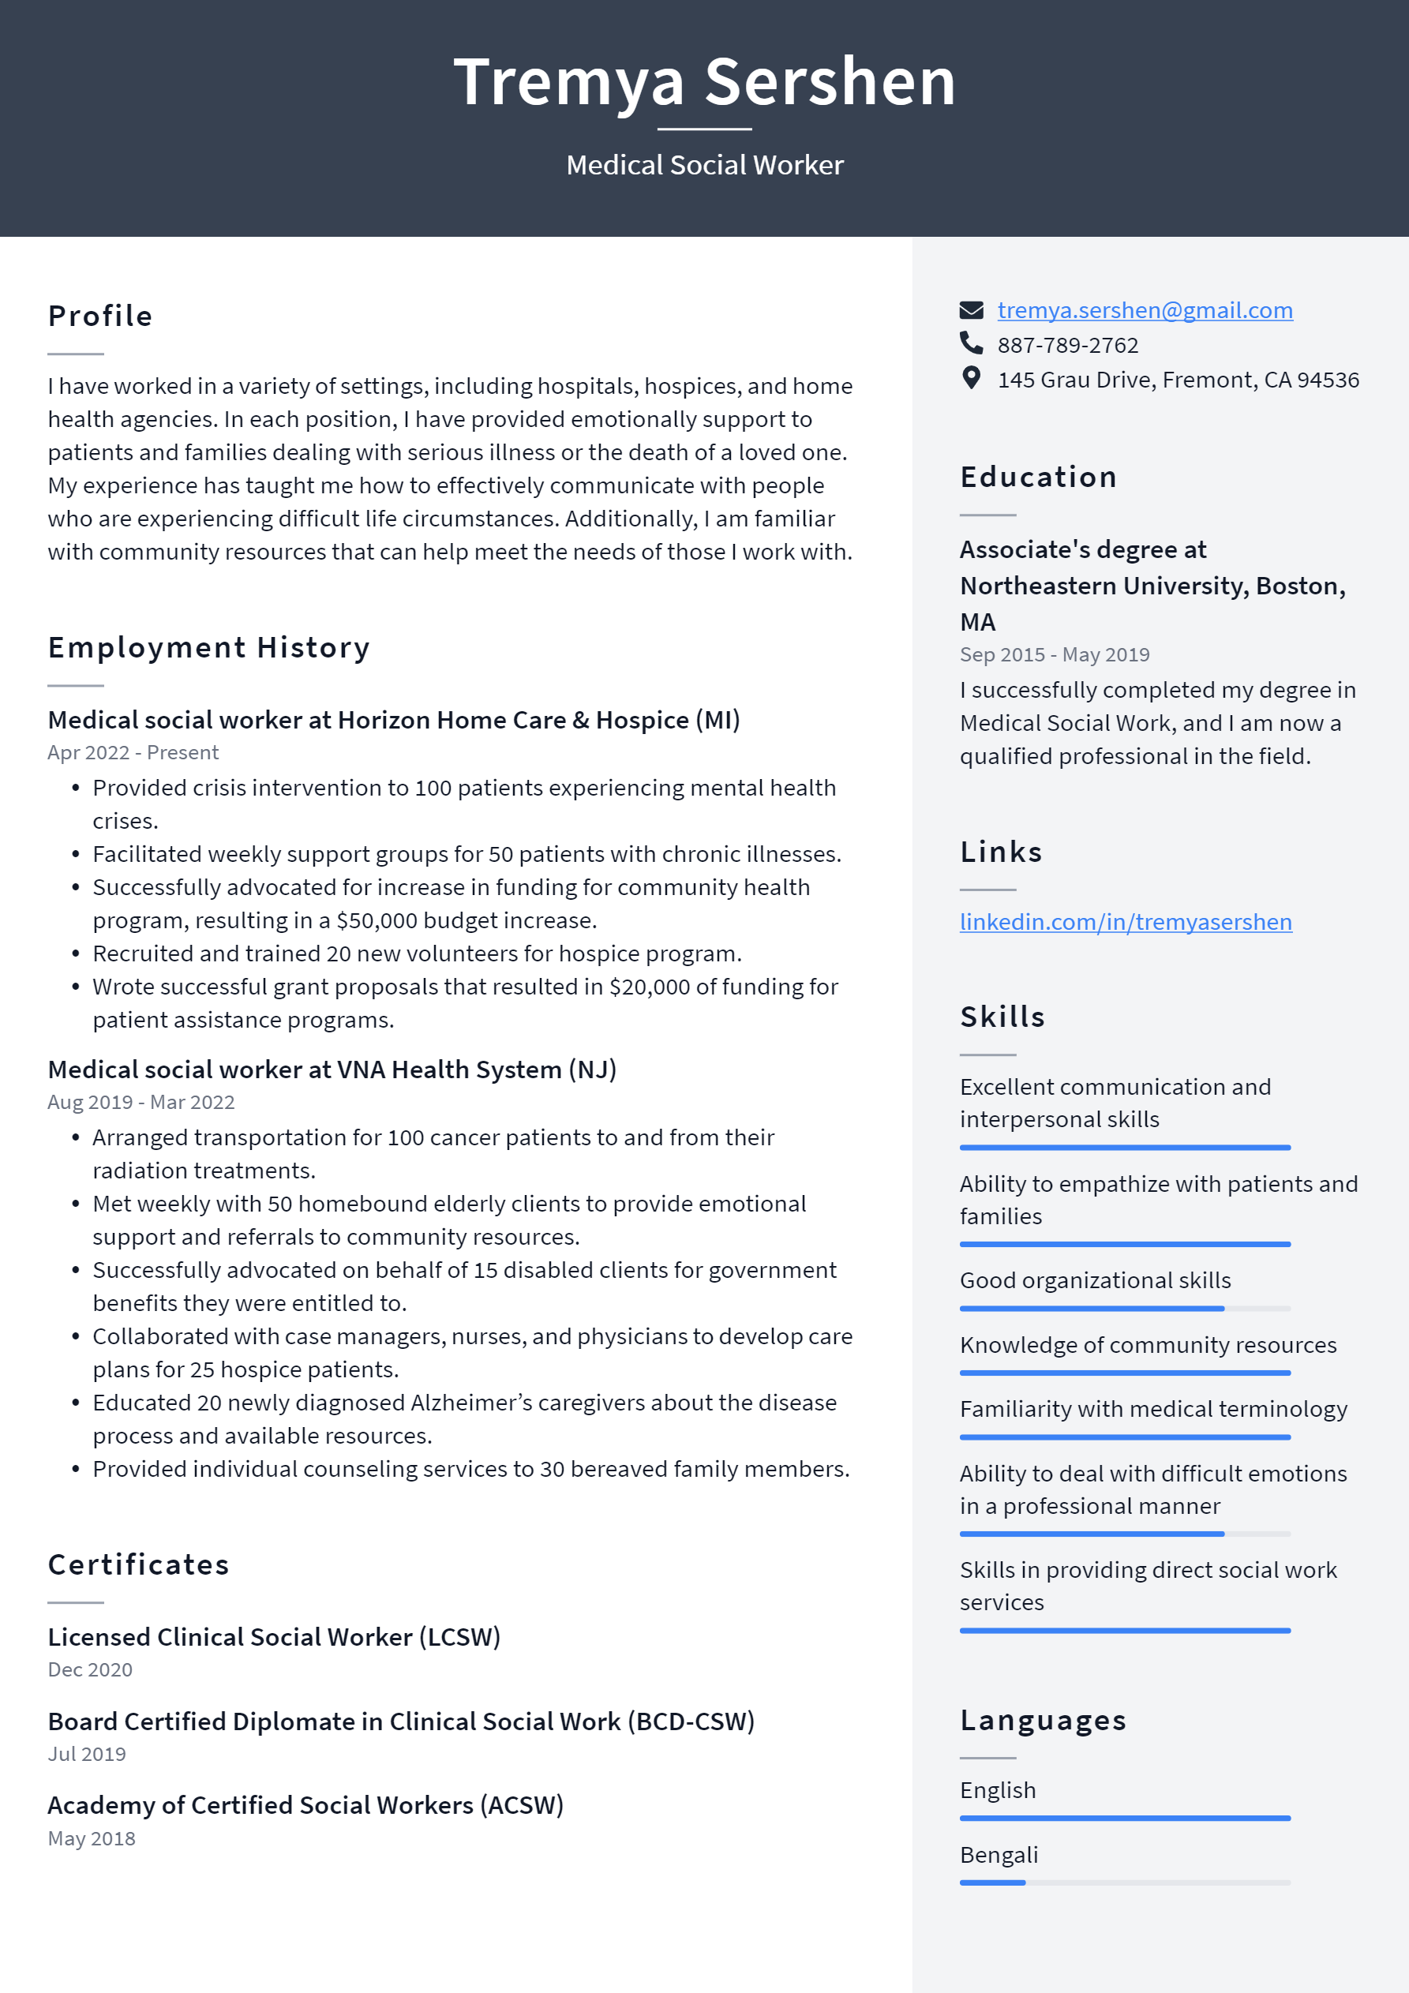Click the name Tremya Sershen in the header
tap(704, 81)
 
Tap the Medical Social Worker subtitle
tap(704, 165)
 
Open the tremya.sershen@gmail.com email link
tap(1145, 310)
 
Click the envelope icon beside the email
tap(972, 310)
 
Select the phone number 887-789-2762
tap(1067, 346)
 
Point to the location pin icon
tap(972, 378)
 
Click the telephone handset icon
tap(972, 343)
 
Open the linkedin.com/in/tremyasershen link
tap(1125, 922)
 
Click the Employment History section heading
tap(209, 647)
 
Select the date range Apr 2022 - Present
tap(133, 752)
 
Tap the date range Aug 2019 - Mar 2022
tap(141, 1103)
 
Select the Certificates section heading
tap(139, 1564)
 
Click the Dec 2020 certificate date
tap(90, 1670)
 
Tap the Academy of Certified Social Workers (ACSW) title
tap(305, 1805)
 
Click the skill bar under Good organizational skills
tap(1124, 1308)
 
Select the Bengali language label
tap(999, 1855)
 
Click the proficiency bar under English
tap(1124, 1818)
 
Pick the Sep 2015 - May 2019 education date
tap(1054, 654)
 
